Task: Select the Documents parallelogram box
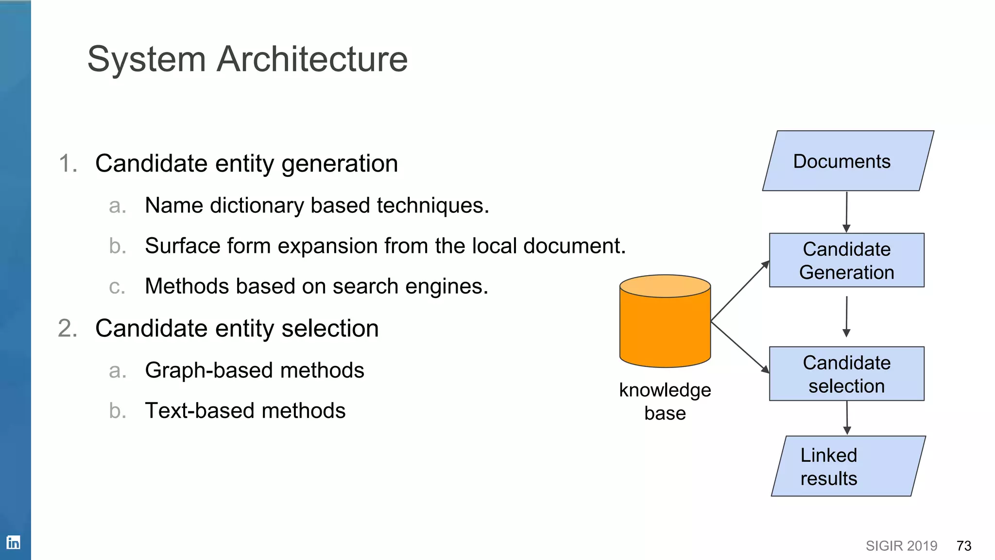click(x=848, y=161)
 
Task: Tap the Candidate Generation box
click(x=846, y=261)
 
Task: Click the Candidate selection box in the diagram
click(x=846, y=374)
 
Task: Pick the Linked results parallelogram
click(x=848, y=466)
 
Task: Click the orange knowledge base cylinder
click(x=665, y=326)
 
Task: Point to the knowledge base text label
click(x=665, y=402)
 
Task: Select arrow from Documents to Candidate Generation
click(x=846, y=211)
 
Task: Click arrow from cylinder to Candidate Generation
click(x=739, y=291)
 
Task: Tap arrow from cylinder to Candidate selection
click(x=739, y=347)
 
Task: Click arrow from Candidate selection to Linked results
click(x=847, y=418)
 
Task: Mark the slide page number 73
click(x=963, y=546)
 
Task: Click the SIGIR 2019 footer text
click(x=901, y=546)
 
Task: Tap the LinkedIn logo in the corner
click(x=13, y=542)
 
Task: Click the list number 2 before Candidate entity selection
click(x=68, y=328)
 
